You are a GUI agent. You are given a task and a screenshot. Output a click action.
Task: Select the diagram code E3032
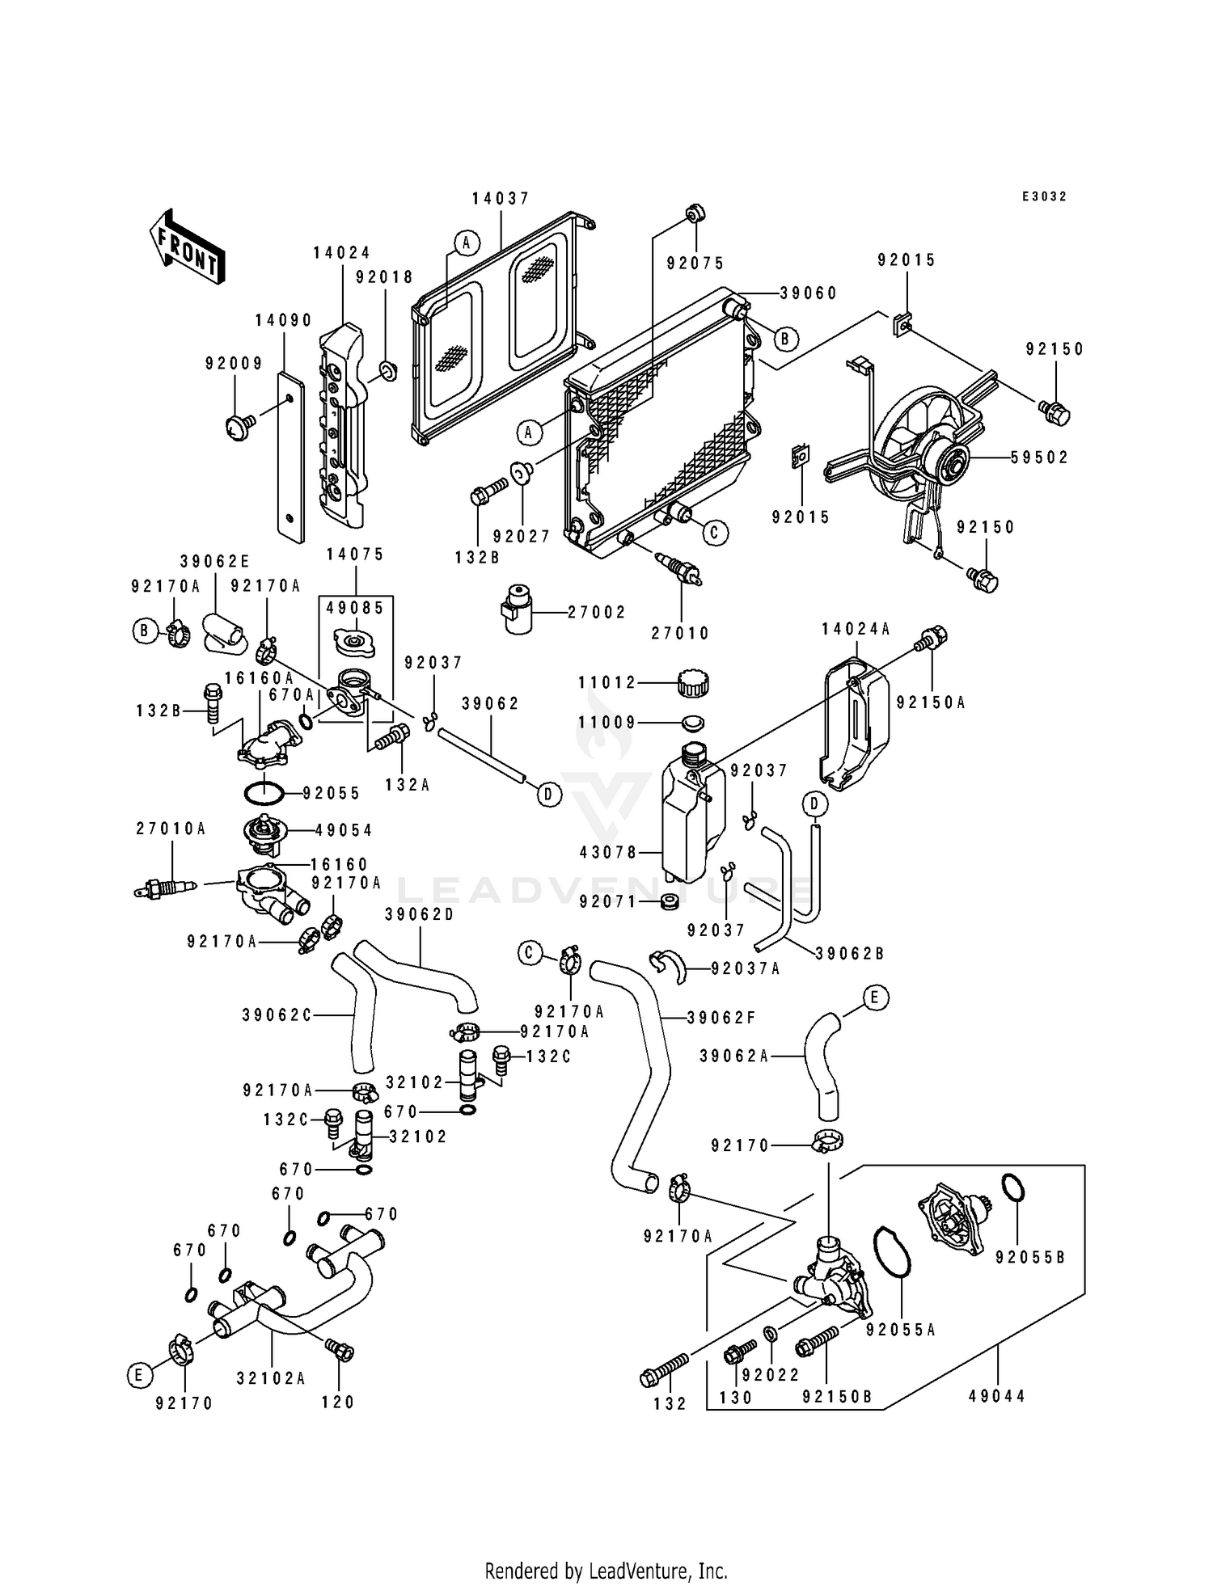[x=1044, y=196]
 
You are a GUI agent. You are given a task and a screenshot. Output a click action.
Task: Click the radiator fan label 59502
[x=1039, y=458]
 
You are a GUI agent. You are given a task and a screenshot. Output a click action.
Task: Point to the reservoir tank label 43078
[x=609, y=852]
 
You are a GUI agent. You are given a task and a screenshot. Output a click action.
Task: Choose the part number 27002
[x=597, y=613]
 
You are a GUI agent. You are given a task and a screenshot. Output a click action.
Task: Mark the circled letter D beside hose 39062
[x=548, y=795]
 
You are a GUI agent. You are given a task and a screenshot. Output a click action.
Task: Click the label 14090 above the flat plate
[x=284, y=320]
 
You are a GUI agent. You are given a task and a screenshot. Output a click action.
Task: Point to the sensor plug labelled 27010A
[x=166, y=889]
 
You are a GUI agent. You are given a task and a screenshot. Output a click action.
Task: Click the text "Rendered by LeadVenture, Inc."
[x=606, y=1571]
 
